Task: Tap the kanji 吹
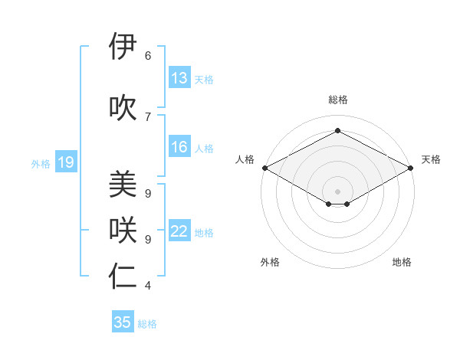click(x=123, y=107)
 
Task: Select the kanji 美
click(x=123, y=184)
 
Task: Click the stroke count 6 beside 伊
click(x=148, y=56)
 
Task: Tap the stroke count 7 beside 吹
click(x=148, y=116)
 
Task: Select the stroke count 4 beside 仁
click(x=148, y=286)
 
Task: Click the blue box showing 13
click(x=179, y=78)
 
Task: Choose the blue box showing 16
click(x=179, y=147)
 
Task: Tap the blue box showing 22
click(x=179, y=231)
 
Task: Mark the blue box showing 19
click(x=66, y=162)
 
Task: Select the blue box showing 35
click(x=123, y=322)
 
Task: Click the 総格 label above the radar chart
click(x=337, y=100)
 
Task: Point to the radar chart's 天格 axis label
click(x=431, y=159)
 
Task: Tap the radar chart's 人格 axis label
click(x=245, y=159)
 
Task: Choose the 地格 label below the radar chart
click(x=402, y=262)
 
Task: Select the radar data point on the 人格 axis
click(x=264, y=168)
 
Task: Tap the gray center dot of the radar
click(x=337, y=191)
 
